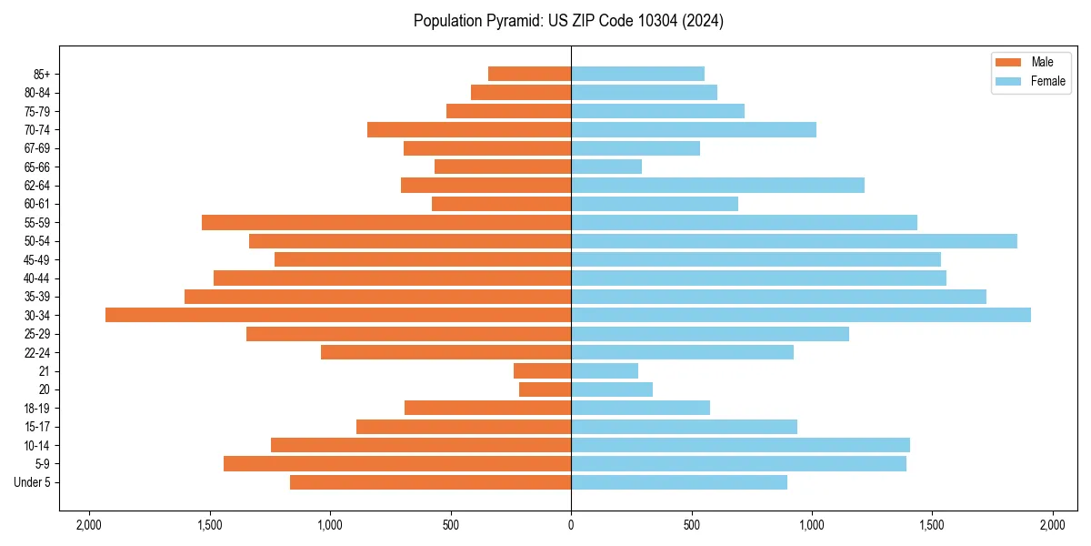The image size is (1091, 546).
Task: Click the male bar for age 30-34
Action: coord(338,315)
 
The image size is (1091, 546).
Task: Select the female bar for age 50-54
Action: coord(794,241)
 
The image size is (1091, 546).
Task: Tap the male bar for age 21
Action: coord(542,371)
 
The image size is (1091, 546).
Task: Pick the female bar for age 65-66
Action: coord(606,167)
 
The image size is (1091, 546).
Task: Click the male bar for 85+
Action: coord(529,74)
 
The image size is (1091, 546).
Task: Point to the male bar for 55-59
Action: coord(386,222)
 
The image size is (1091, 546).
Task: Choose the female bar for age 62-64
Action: coord(717,186)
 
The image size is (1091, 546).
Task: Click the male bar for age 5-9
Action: coord(397,464)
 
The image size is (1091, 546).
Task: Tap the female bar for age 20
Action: coord(612,389)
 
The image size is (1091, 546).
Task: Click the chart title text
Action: coord(568,21)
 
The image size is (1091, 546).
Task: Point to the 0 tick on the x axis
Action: coord(571,525)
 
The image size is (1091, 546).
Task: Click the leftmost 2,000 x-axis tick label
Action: coord(89,525)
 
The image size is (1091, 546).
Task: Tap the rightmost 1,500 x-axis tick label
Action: coord(932,525)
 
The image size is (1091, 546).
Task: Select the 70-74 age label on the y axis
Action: coord(37,130)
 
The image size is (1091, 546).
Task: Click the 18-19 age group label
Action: coord(37,409)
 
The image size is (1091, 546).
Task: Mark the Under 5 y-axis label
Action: coord(33,482)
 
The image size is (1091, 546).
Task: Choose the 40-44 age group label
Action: coord(37,278)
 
